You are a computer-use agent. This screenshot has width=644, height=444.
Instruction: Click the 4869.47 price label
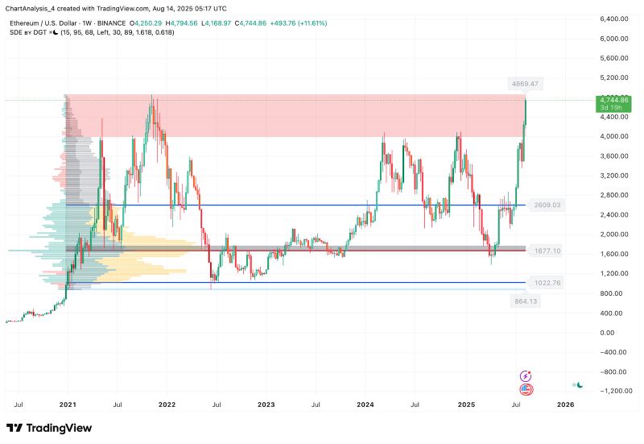pyautogui.click(x=523, y=84)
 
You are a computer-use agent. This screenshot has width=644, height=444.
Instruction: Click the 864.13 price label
pyautogui.click(x=524, y=301)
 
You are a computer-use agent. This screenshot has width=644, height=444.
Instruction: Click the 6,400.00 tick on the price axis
pyautogui.click(x=613, y=19)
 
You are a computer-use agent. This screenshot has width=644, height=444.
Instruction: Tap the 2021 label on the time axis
pyautogui.click(x=68, y=404)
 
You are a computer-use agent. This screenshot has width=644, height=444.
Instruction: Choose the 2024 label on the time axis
pyautogui.click(x=365, y=404)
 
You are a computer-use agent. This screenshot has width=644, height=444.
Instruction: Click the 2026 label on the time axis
pyautogui.click(x=566, y=404)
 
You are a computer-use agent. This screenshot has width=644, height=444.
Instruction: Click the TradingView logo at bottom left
pyautogui.click(x=49, y=428)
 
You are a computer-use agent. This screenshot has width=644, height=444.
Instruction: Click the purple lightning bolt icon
pyautogui.click(x=526, y=376)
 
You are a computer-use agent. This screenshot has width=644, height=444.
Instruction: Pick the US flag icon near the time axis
pyautogui.click(x=526, y=389)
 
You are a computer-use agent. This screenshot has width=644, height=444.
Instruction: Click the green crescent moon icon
pyautogui.click(x=579, y=384)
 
